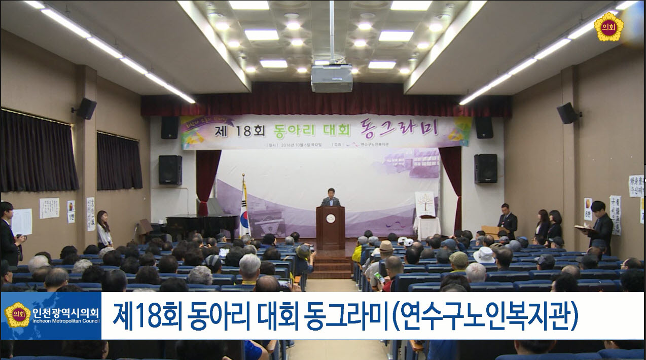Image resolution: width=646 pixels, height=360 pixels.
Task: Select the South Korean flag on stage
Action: pos(244,210)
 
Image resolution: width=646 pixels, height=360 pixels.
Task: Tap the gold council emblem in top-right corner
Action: pos(608,27)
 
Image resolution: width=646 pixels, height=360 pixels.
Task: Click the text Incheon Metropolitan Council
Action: pos(65,321)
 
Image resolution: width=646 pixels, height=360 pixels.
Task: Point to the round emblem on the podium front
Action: pos(331,219)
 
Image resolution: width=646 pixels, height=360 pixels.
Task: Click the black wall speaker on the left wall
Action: pos(86,108)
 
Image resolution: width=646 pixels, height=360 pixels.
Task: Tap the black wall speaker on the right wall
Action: pos(566,113)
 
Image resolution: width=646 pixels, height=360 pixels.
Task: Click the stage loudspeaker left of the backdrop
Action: pos(170,170)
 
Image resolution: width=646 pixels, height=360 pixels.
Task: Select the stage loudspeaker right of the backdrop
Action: pos(485,168)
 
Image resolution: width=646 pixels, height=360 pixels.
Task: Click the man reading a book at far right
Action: pos(600,227)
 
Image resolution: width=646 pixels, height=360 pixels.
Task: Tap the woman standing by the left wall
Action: pos(104,229)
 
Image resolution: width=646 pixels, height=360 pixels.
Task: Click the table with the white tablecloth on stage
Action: pos(426,227)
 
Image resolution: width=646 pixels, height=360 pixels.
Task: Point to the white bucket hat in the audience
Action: pos(483,255)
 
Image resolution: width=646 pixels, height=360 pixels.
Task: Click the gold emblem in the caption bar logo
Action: pos(18,315)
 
